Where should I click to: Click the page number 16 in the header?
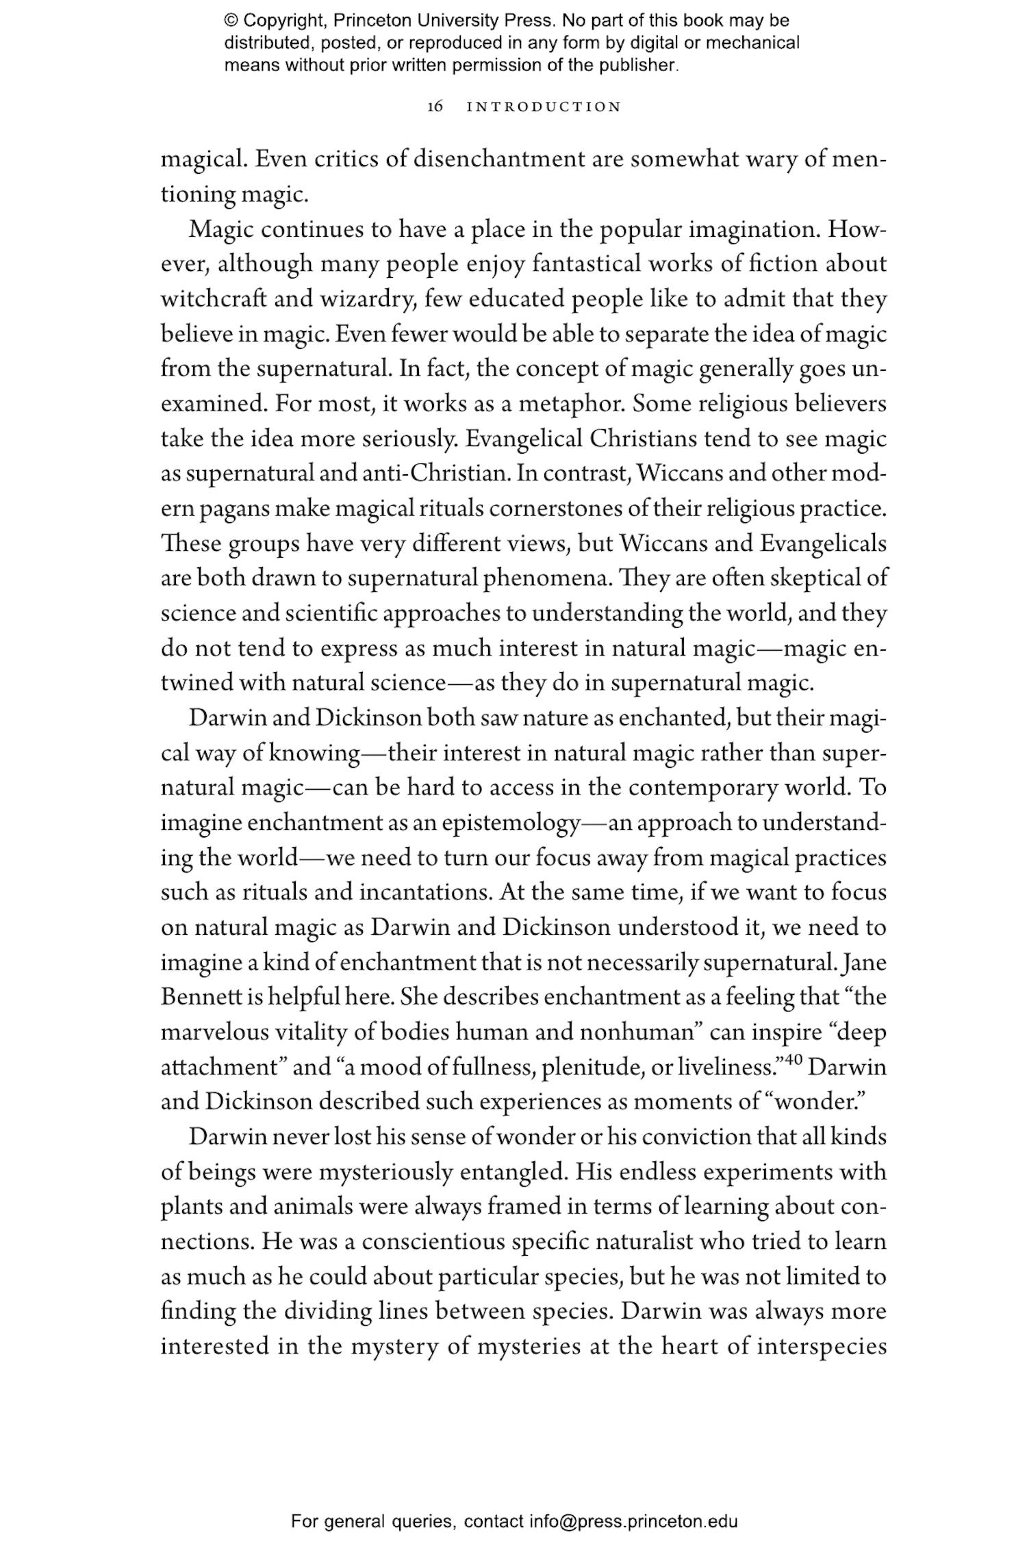(435, 107)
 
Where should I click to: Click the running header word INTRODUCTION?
(544, 107)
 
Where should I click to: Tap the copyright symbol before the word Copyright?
(230, 21)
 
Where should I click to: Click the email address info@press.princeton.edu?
(633, 1522)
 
